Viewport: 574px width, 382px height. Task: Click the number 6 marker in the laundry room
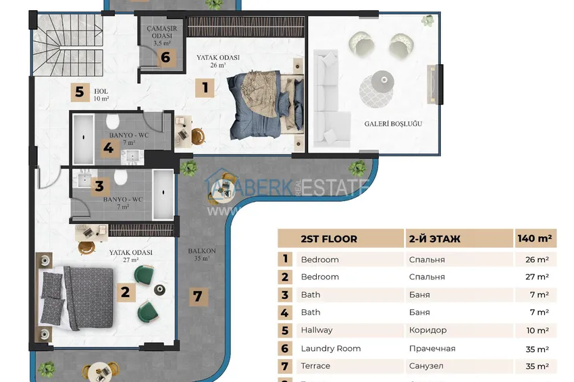point(165,57)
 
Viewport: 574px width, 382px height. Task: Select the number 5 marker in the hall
point(79,91)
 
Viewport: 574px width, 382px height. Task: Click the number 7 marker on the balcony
point(197,296)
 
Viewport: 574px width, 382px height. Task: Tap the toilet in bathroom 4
point(113,122)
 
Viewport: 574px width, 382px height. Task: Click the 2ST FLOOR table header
point(329,239)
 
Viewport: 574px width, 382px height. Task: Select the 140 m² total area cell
point(535,239)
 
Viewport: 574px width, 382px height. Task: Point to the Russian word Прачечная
point(432,348)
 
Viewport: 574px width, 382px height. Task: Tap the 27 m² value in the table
point(537,277)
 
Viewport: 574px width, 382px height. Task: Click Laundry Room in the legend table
point(330,348)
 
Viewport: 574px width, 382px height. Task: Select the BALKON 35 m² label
point(202,254)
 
